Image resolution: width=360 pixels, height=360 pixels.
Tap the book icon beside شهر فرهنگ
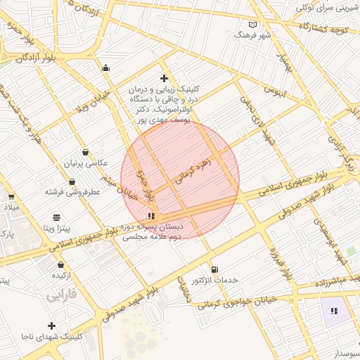tap(253, 25)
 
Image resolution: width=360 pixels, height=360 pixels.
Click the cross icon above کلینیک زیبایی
tap(164, 78)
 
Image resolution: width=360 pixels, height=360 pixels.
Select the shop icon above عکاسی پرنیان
tap(85, 152)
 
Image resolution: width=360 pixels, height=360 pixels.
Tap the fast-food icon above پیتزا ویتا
tap(56, 217)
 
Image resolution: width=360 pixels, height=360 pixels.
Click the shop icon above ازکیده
tap(61, 265)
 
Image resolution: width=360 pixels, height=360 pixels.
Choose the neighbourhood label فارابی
tap(61, 297)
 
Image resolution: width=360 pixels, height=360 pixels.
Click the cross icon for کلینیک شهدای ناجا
tap(51, 326)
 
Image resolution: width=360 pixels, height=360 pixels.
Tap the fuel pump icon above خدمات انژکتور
tap(214, 269)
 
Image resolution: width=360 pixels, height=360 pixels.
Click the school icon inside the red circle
tap(152, 216)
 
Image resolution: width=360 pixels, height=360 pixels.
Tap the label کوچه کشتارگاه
tap(323, 29)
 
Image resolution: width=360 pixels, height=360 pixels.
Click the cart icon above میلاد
tap(11, 198)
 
